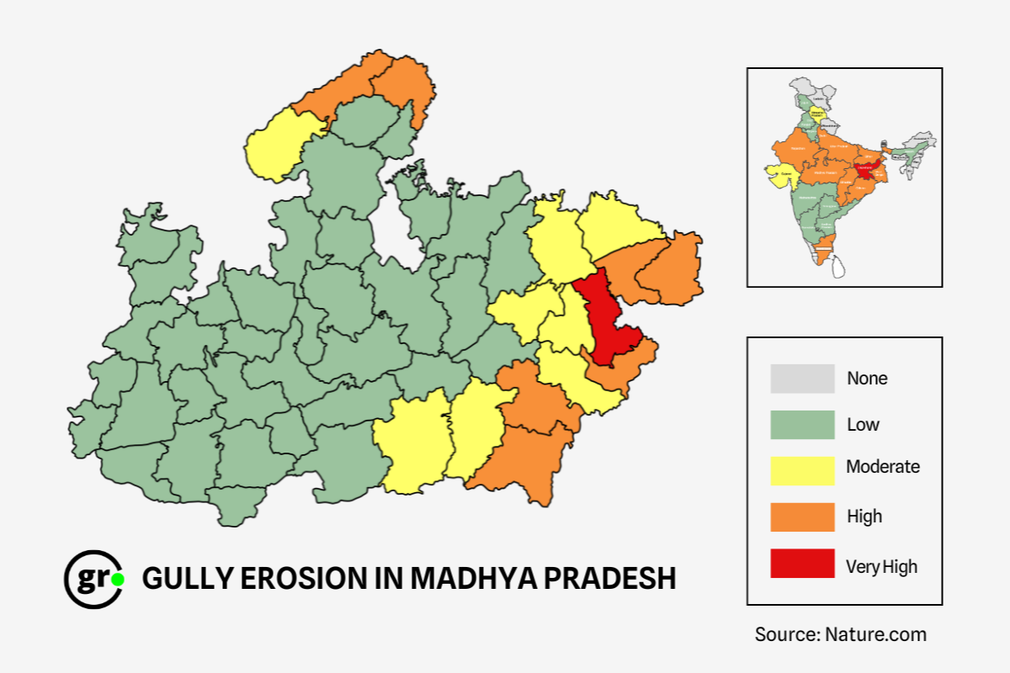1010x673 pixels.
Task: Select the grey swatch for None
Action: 802,379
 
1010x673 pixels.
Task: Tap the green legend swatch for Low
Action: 802,425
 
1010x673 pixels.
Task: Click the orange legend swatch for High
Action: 802,517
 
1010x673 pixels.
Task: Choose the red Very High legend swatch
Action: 802,564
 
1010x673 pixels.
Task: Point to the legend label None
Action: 867,379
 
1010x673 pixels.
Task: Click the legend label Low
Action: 863,425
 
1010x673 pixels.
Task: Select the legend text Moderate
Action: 883,467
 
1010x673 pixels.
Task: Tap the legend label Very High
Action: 881,567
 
